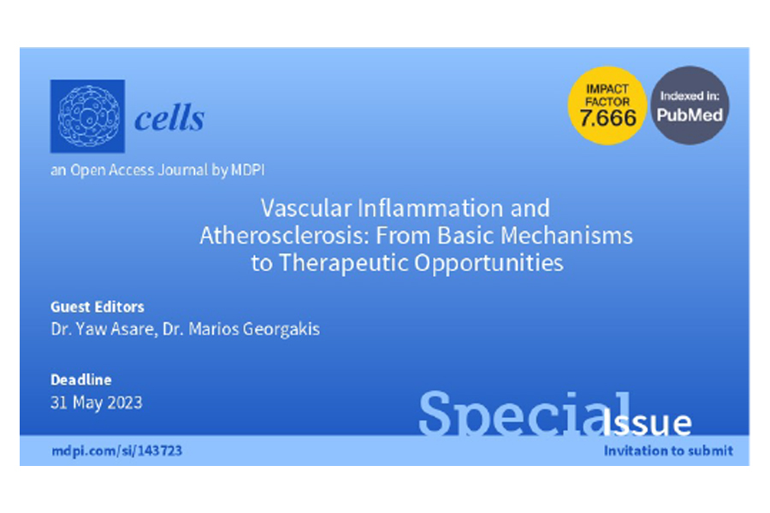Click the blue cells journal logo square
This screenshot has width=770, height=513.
[87, 116]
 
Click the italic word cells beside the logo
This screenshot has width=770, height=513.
[169, 118]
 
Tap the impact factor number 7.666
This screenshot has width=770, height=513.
[607, 118]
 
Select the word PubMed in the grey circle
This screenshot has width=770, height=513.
[690, 115]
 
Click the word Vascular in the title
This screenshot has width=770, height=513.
[306, 208]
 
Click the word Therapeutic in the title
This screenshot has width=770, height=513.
[343, 263]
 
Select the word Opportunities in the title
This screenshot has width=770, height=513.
[489, 263]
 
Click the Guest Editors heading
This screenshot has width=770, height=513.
[98, 307]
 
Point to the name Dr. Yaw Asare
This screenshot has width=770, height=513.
[102, 329]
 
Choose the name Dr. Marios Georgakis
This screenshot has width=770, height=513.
[241, 329]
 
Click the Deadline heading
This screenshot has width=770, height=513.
[81, 380]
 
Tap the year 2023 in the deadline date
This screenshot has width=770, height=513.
[125, 403]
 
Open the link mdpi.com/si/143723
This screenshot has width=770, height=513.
[117, 451]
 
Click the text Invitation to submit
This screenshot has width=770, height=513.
[668, 451]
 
